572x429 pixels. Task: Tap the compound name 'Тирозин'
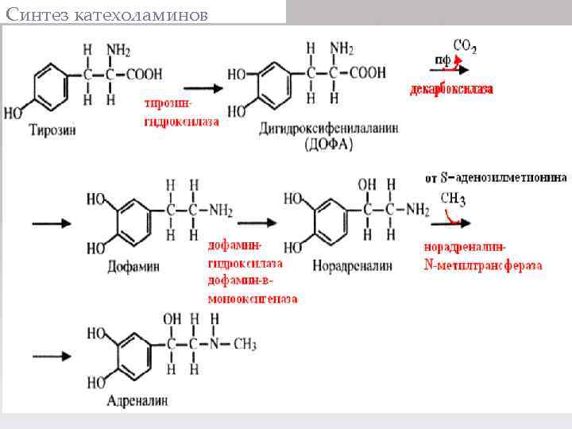pyautogui.click(x=52, y=130)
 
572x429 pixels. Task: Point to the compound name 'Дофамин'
pyautogui.click(x=133, y=266)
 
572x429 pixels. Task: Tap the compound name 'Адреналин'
pyautogui.click(x=138, y=401)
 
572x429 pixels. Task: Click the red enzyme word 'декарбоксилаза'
pyautogui.click(x=451, y=90)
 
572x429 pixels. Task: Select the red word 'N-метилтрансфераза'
pyautogui.click(x=483, y=265)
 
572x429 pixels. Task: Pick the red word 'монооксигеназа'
pyautogui.click(x=253, y=299)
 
